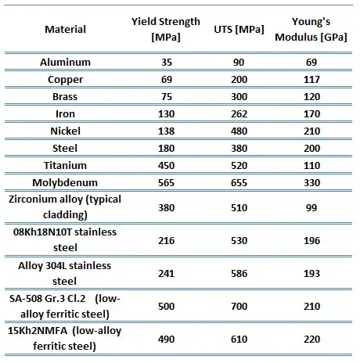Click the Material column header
point(65,29)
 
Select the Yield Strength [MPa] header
point(166,29)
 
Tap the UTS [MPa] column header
point(239,30)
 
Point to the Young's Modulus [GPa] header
point(311,29)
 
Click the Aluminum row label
point(65,62)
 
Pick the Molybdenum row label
point(65,182)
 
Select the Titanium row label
point(65,165)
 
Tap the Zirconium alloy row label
point(65,207)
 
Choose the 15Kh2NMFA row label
point(65,338)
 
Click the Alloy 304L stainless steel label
point(65,273)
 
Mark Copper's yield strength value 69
point(167,80)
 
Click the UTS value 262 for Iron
point(239,114)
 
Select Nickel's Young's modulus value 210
point(311,131)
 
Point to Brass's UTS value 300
point(239,97)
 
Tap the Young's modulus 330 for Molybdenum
point(311,182)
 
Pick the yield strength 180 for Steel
point(166,148)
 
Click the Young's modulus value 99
point(311,208)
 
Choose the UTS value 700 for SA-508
point(239,306)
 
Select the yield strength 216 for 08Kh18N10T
point(166,240)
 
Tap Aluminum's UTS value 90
point(239,63)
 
